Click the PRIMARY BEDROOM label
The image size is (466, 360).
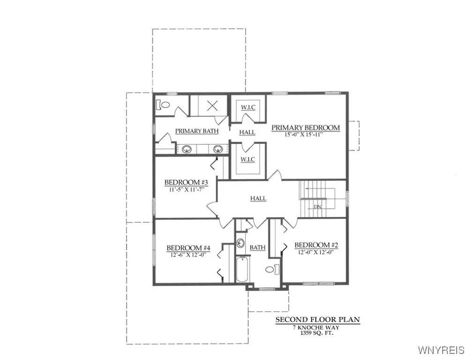click(x=305, y=127)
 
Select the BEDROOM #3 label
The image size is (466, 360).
click(x=183, y=182)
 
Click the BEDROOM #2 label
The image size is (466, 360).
click(x=316, y=245)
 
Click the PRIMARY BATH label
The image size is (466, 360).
click(x=197, y=131)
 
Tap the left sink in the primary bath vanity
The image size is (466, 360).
click(x=187, y=150)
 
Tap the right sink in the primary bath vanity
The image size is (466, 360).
click(x=218, y=150)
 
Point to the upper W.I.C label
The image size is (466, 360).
click(x=248, y=107)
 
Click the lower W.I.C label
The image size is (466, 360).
click(x=248, y=160)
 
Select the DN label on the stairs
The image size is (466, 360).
click(x=318, y=206)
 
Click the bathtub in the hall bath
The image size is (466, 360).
click(x=242, y=270)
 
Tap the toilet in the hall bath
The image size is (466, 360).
click(x=272, y=269)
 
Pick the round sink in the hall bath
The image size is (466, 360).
click(x=241, y=243)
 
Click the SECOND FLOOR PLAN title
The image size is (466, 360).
click(x=317, y=320)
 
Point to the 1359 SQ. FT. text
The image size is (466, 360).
click(x=317, y=334)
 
